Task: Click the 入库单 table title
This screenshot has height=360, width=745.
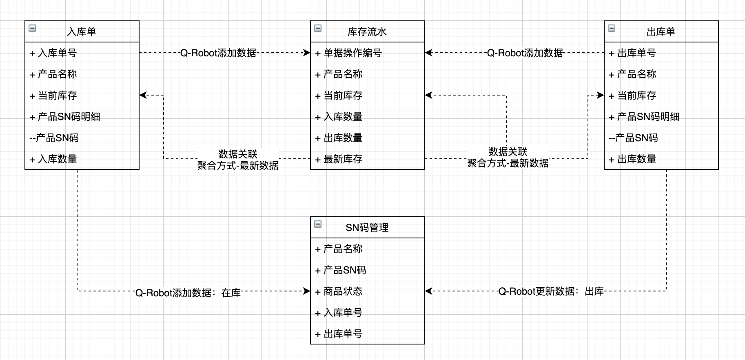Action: point(82,32)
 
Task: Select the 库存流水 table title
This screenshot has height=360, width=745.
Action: point(367,32)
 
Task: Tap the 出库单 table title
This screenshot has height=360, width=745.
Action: point(661,32)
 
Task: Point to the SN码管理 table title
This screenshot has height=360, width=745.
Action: point(367,228)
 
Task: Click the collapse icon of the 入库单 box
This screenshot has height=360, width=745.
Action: point(32,28)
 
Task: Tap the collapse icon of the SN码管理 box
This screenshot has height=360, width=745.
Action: point(318,224)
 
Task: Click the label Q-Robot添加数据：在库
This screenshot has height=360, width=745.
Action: point(188,293)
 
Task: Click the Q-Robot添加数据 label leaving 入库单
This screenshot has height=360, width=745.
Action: point(218,53)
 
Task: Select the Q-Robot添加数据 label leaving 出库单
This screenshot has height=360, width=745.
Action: point(525,53)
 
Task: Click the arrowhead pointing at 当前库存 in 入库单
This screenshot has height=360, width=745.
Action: point(143,95)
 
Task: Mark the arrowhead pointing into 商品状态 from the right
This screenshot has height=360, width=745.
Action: point(428,291)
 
